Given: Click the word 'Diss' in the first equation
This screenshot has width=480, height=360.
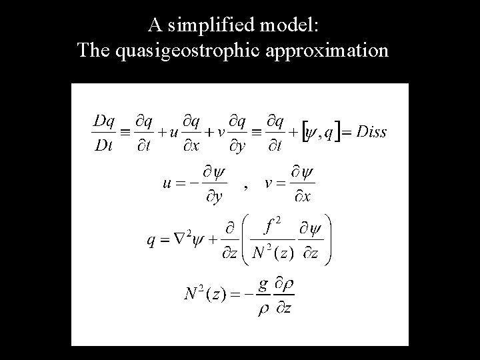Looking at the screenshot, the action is (371, 131).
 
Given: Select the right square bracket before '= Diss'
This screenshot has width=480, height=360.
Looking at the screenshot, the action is (339, 132).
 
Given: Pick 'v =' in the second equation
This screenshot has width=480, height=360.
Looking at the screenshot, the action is (273, 183).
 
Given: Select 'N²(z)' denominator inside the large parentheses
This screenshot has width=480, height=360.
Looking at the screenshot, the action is (271, 253).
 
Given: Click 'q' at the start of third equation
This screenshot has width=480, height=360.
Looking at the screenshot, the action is (151, 241).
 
